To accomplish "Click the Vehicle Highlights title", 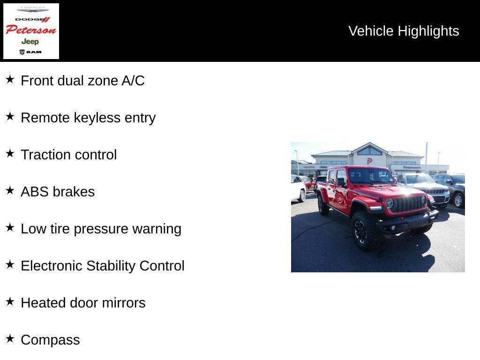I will [x=404, y=31].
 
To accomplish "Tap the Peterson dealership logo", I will [x=31, y=31].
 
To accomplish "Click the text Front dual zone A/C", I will [x=82, y=81].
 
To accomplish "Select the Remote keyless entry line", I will [x=88, y=118].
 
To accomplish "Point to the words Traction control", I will [x=69, y=155].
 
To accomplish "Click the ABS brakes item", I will [x=58, y=192].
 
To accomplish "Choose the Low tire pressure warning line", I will [x=101, y=229].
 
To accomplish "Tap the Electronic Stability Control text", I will [x=103, y=266].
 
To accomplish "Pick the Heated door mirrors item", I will [x=83, y=303].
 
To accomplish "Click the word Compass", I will [x=50, y=340].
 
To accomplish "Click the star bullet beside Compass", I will [x=10, y=338].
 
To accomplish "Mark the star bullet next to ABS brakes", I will [x=10, y=190].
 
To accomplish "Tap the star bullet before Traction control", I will [x=10, y=153].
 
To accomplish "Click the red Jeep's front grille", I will [x=407, y=203].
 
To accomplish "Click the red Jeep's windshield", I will [x=370, y=176].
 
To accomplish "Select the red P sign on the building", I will [x=370, y=161].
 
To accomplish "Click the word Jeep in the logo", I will [x=30, y=42].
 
